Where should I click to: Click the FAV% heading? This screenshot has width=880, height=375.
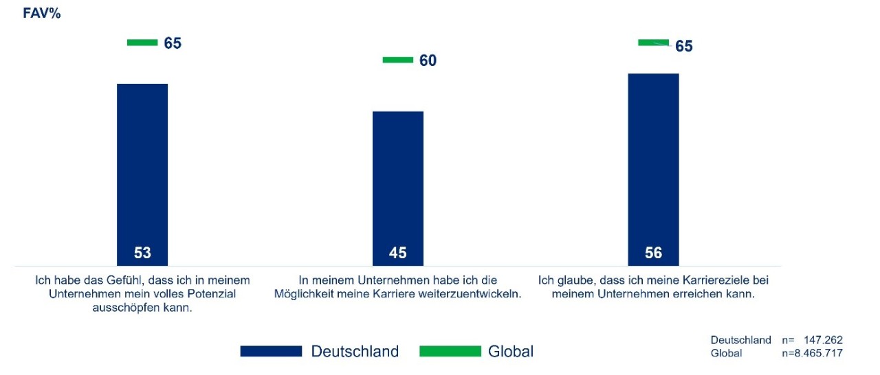click(x=42, y=13)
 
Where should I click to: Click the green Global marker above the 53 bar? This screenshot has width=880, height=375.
click(x=142, y=43)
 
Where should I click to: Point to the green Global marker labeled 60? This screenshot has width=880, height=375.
click(x=397, y=60)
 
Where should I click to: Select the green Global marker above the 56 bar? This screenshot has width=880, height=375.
click(x=653, y=43)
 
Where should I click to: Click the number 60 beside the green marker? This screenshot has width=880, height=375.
click(x=428, y=60)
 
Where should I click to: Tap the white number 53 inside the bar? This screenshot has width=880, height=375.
click(x=142, y=253)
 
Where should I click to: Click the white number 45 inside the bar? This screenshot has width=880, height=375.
click(x=398, y=253)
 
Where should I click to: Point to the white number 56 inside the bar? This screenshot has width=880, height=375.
click(x=653, y=253)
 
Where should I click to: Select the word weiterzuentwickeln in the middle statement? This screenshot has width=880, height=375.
click(x=472, y=294)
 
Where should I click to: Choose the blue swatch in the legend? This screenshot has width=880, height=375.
click(x=271, y=352)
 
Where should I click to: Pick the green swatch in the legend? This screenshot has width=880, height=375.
click(x=450, y=352)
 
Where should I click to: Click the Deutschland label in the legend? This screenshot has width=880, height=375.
click(x=355, y=352)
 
